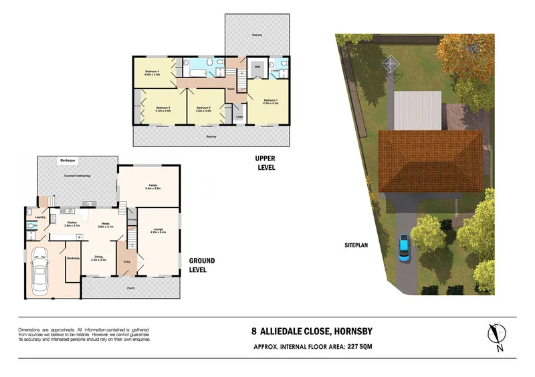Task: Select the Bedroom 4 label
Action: (x=155, y=72)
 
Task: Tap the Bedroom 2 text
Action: (x=163, y=109)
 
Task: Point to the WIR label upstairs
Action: (x=257, y=68)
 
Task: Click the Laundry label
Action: (x=39, y=216)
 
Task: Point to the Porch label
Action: (x=131, y=289)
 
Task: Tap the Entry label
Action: (x=127, y=261)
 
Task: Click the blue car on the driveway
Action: (x=405, y=248)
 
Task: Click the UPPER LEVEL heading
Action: (x=265, y=162)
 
